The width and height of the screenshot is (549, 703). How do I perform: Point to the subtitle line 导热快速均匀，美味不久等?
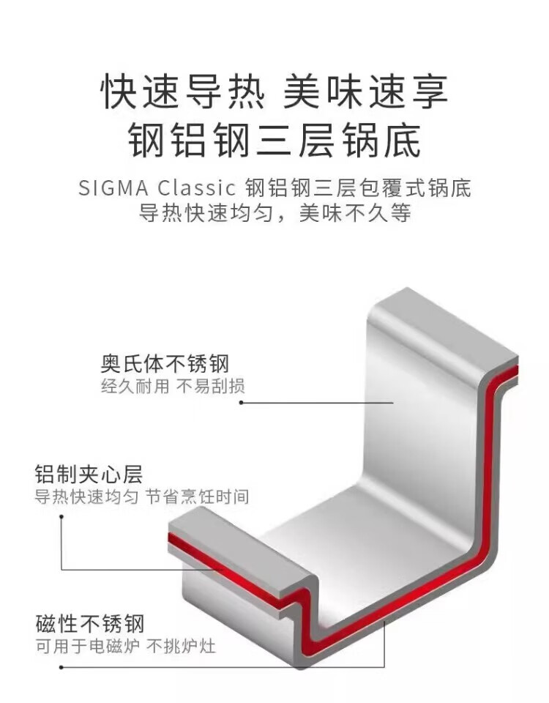point(274,214)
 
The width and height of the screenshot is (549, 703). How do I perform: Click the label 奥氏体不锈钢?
point(165,364)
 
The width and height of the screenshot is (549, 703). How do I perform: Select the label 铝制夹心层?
point(89,473)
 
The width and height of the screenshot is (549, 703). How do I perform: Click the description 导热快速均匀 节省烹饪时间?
point(142,496)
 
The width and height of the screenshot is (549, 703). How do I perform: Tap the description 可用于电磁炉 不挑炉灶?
point(125,647)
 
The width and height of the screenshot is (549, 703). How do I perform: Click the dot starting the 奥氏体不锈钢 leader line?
point(242,403)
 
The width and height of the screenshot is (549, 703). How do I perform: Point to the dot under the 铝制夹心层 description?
point(61,516)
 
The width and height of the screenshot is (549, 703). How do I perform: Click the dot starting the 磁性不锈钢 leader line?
point(61,666)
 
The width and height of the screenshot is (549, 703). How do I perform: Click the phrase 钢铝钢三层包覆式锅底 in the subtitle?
point(359,187)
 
